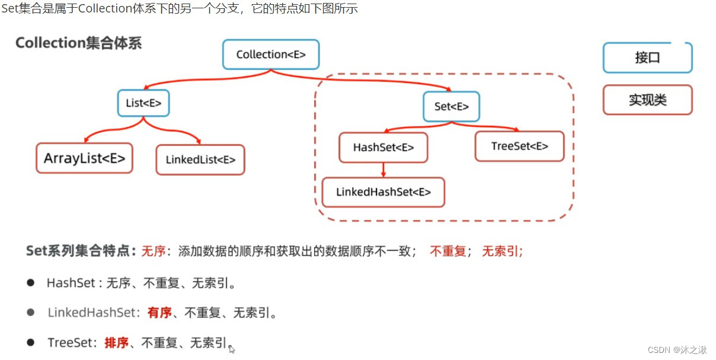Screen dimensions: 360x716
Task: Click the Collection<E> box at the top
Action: pos(271,55)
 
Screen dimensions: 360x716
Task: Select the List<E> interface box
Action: pos(143,103)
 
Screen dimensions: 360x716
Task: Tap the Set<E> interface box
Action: pos(451,107)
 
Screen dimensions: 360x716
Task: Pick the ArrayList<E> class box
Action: pos(84,158)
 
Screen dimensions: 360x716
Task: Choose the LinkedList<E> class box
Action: pos(200,160)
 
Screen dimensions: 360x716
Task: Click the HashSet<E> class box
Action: pos(383,148)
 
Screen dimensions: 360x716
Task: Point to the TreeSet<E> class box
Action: pos(519,146)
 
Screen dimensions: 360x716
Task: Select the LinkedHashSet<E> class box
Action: pos(383,192)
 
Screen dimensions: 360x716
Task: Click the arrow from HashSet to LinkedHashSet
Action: pos(383,170)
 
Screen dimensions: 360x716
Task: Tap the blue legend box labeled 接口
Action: pos(647,58)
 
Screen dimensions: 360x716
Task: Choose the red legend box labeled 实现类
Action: pos(647,100)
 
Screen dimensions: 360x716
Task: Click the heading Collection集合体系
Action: pos(79,43)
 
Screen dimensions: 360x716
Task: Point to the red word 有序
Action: pos(159,313)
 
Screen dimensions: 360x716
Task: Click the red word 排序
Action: pos(116,342)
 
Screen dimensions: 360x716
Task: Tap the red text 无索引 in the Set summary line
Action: pos(501,251)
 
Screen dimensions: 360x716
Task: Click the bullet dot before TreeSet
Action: pos(30,342)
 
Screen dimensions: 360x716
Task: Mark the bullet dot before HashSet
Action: pos(30,282)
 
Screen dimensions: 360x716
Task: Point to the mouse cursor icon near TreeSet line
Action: pos(232,349)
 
